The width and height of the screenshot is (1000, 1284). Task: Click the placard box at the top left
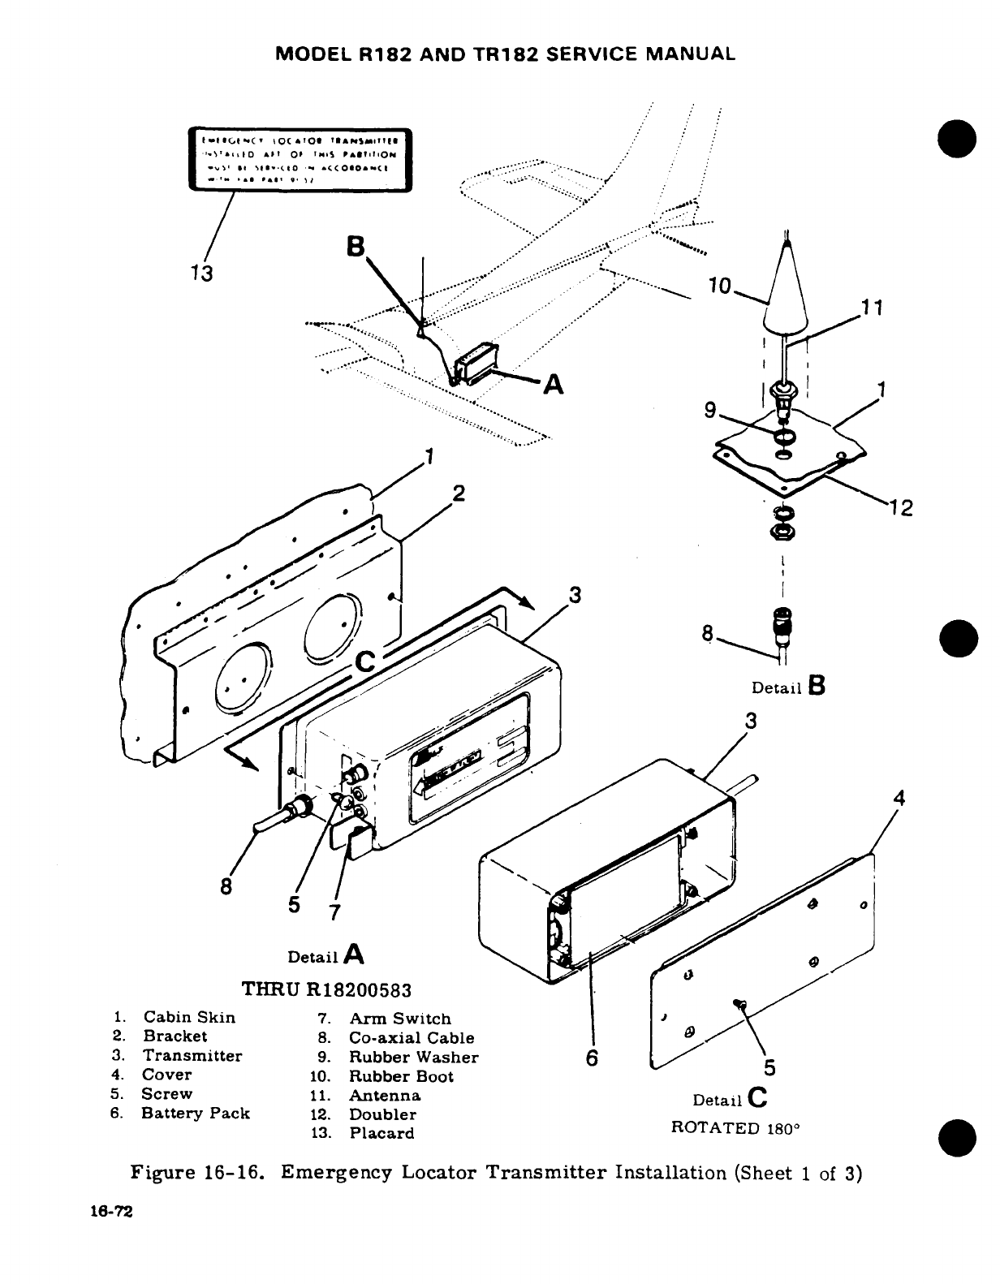[300, 158]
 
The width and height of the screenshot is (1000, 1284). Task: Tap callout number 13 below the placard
[202, 273]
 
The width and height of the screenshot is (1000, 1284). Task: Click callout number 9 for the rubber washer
[711, 411]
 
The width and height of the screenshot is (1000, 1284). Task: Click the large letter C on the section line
[366, 663]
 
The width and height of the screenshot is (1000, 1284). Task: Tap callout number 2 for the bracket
[459, 493]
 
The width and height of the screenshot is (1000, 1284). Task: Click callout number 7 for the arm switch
[332, 911]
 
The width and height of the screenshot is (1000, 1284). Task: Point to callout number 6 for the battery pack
[592, 1058]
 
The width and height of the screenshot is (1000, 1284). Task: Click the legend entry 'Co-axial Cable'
[412, 1037]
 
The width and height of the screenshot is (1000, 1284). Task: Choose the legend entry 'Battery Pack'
[196, 1113]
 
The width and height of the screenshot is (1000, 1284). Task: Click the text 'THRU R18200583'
[327, 989]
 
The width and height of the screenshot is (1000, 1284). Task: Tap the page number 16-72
[112, 1211]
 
